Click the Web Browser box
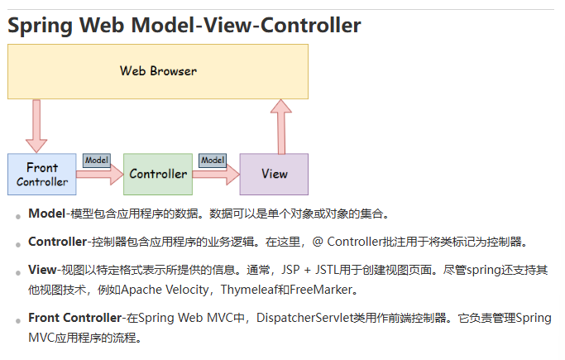click(x=157, y=71)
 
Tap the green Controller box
click(x=158, y=174)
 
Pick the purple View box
click(x=274, y=174)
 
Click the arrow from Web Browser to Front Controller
click(x=36, y=125)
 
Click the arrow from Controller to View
click(x=216, y=175)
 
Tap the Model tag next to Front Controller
click(x=97, y=160)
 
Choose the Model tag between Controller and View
click(x=213, y=160)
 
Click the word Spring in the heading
click(x=41, y=26)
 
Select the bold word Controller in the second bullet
click(x=57, y=242)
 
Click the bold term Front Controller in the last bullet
click(x=74, y=318)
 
